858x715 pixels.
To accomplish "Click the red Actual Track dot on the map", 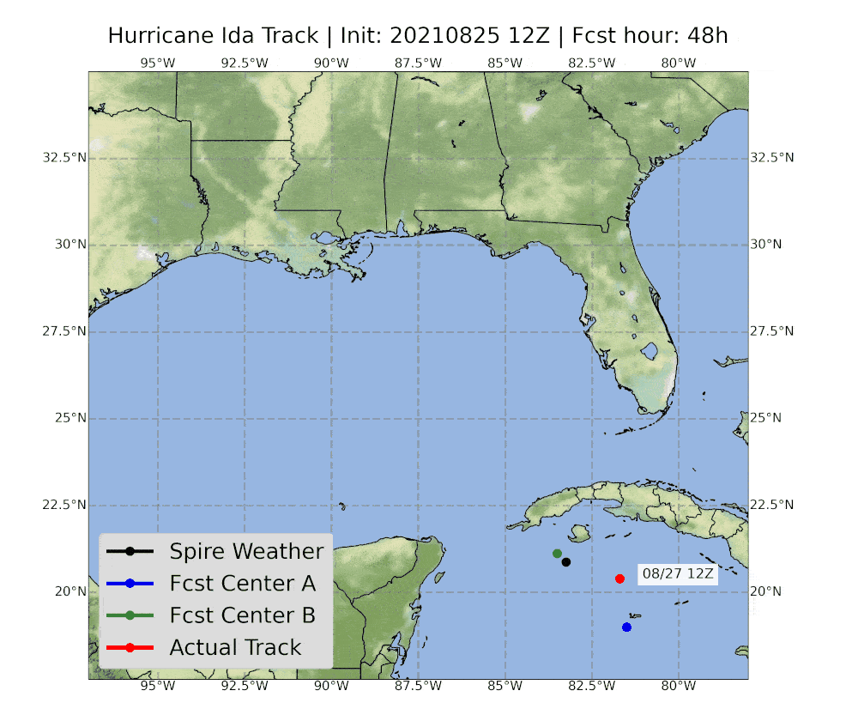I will pyautogui.click(x=619, y=579).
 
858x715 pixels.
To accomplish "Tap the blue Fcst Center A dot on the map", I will pyautogui.click(x=626, y=627).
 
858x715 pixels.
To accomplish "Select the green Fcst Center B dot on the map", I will pyautogui.click(x=557, y=554).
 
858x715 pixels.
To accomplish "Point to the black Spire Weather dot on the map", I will pyautogui.click(x=565, y=562).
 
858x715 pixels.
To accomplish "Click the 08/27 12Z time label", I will pyautogui.click(x=678, y=574).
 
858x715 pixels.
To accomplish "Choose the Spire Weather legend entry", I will pyautogui.click(x=245, y=551).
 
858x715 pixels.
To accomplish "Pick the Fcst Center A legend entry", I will pyautogui.click(x=242, y=584).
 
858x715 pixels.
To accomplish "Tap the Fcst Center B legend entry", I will pyautogui.click(x=242, y=615).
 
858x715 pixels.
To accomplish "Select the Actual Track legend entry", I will pyautogui.click(x=235, y=647).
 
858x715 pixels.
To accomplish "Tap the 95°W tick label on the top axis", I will pyautogui.click(x=158, y=63).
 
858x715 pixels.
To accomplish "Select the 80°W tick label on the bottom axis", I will pyautogui.click(x=678, y=687).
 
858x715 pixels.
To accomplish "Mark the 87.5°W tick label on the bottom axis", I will pyautogui.click(x=418, y=687).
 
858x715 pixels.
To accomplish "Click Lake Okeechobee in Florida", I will pyautogui.click(x=650, y=351).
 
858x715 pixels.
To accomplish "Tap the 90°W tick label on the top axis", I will pyautogui.click(x=331, y=63).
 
